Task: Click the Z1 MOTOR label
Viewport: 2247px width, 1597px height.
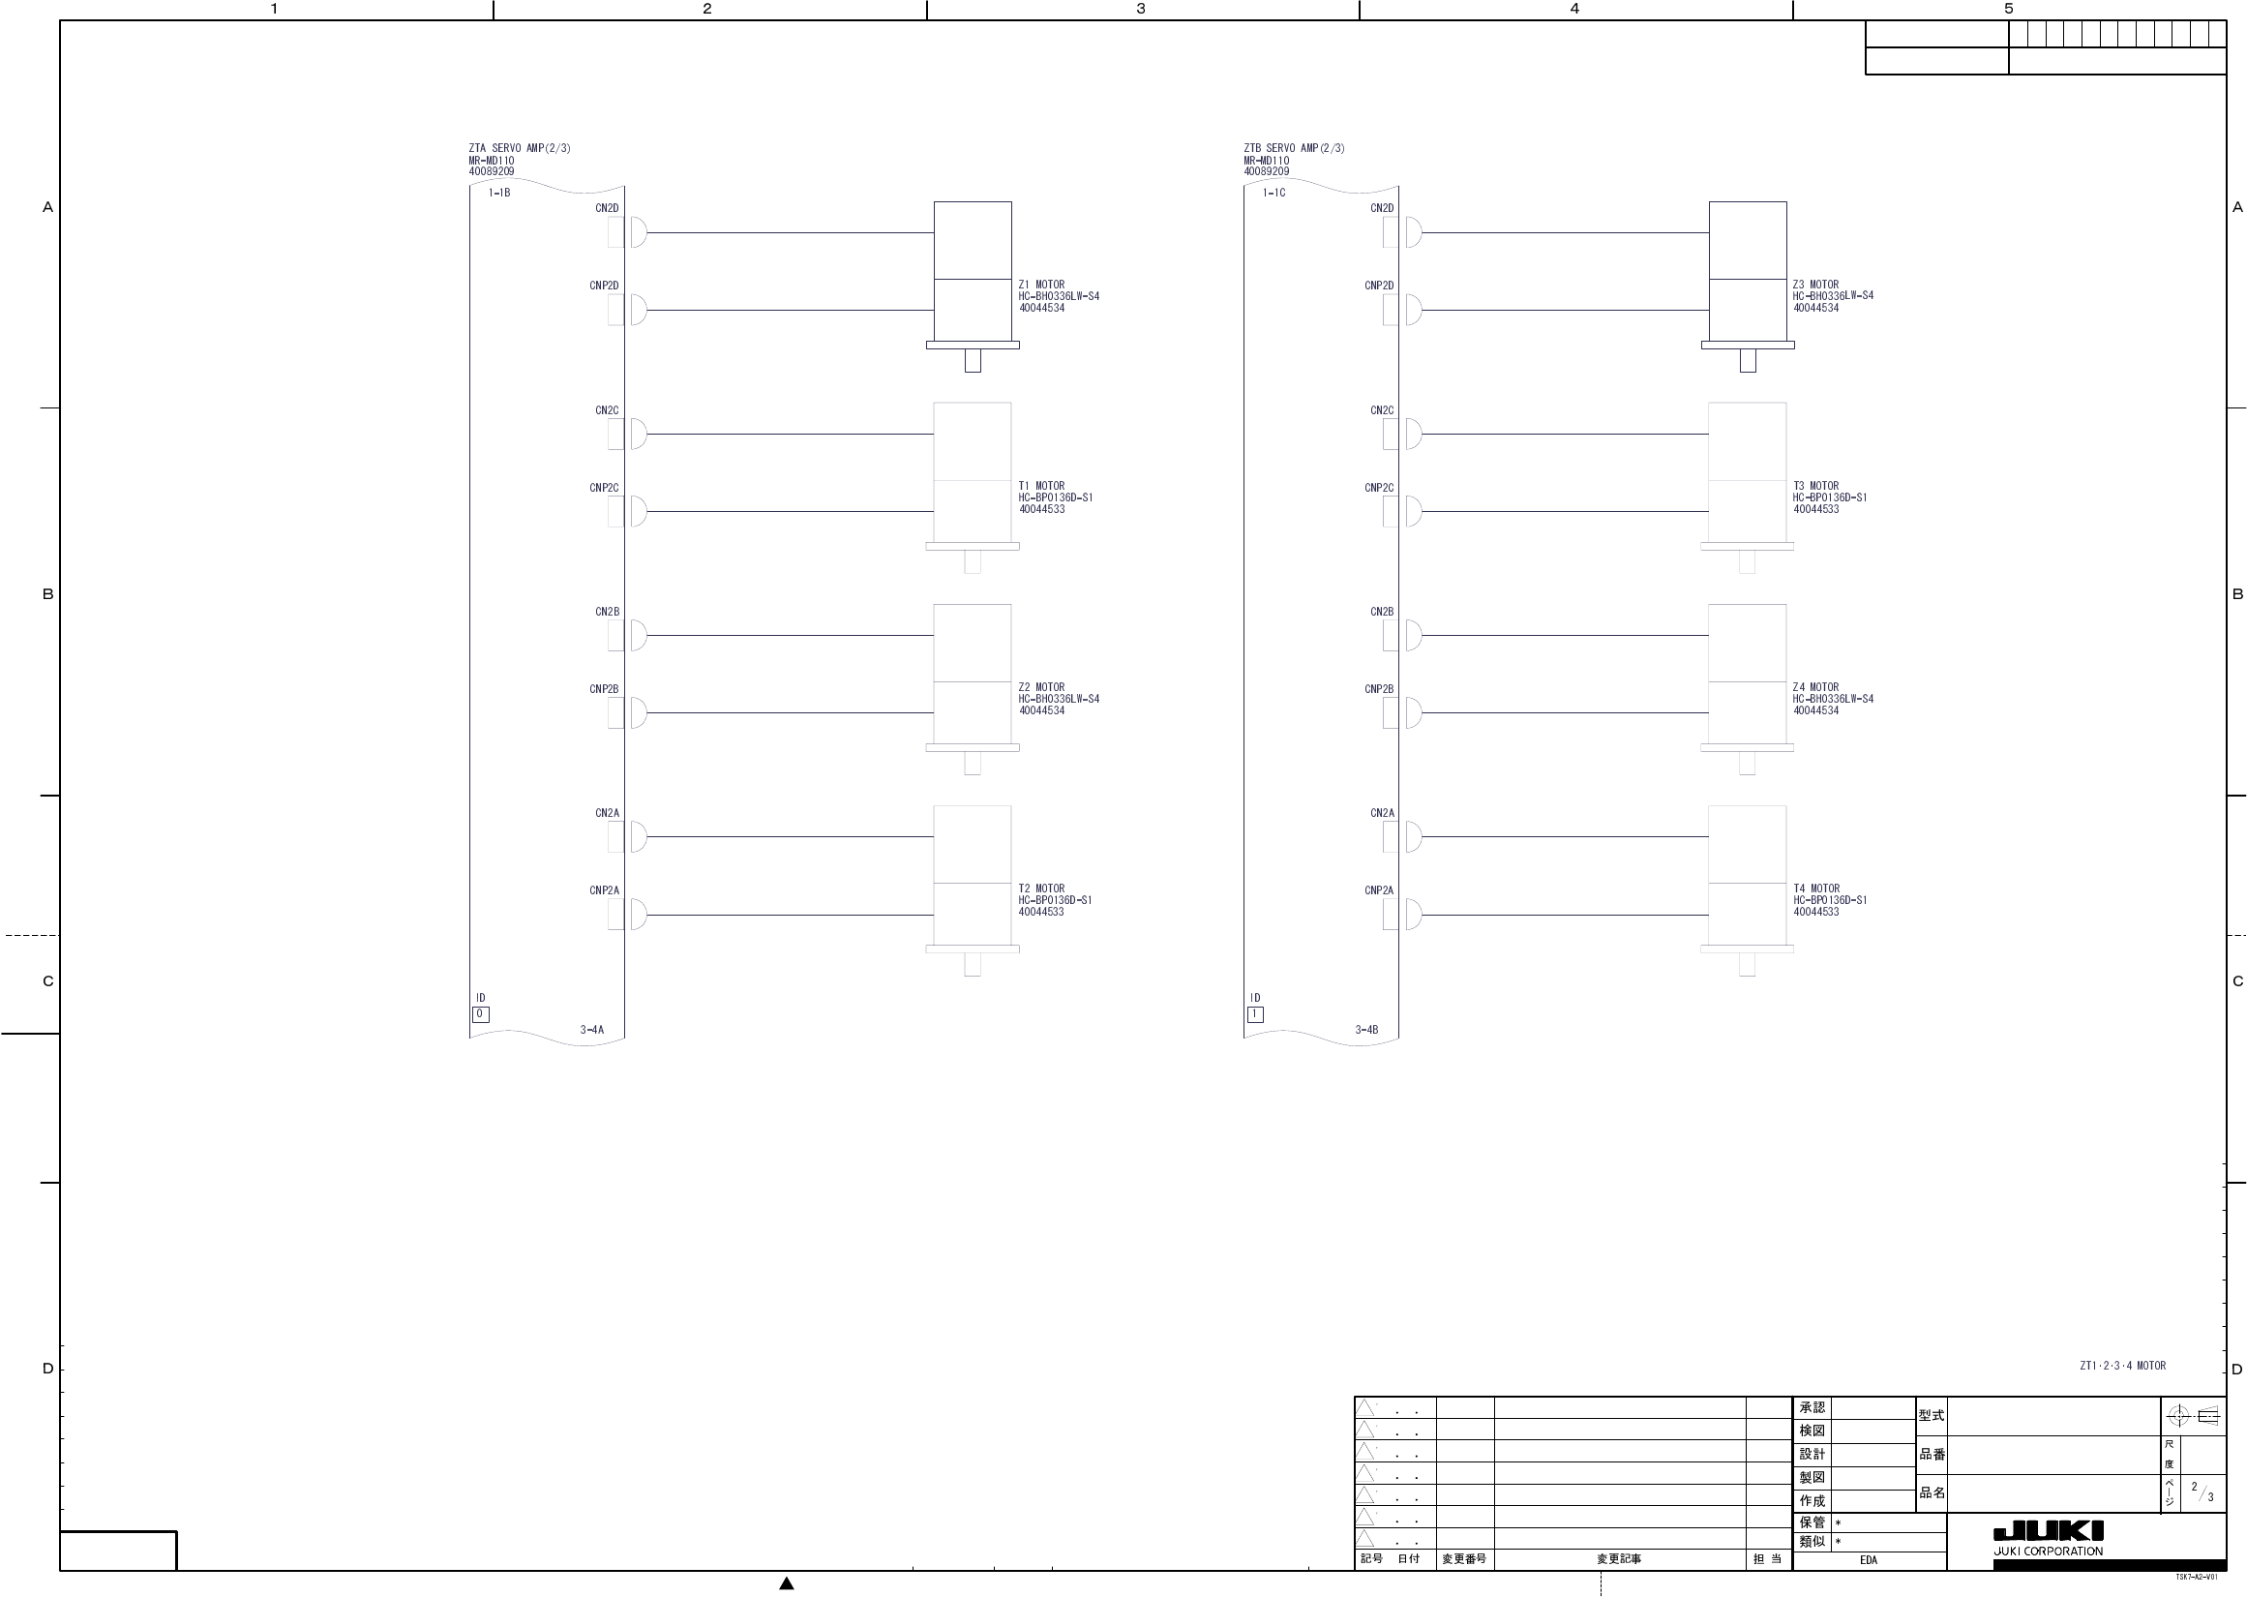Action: pyautogui.click(x=1041, y=286)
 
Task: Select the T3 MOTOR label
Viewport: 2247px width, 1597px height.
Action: pyautogui.click(x=1815, y=486)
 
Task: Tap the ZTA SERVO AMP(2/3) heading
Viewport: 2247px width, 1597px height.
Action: pyautogui.click(x=519, y=148)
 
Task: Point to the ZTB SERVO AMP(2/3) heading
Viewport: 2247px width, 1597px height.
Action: pyautogui.click(x=1294, y=148)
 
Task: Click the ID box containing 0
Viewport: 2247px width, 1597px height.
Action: pyautogui.click(x=480, y=1014)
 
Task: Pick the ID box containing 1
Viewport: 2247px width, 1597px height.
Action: pyautogui.click(x=1254, y=1014)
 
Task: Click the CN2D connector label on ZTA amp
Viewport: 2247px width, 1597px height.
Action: pyautogui.click(x=607, y=208)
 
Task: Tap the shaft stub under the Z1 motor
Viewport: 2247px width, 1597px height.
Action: pyautogui.click(x=973, y=361)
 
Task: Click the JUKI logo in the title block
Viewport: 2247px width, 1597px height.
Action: pyautogui.click(x=2048, y=1532)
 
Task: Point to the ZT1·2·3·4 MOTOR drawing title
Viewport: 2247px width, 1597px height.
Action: pyautogui.click(x=2122, y=1366)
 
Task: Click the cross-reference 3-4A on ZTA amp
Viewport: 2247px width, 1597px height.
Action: pyautogui.click(x=591, y=1031)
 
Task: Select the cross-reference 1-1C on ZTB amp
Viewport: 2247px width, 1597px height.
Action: pyautogui.click(x=1273, y=194)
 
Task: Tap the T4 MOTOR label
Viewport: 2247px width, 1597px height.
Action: pyautogui.click(x=1815, y=889)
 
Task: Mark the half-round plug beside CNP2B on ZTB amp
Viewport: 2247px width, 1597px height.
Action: pyautogui.click(x=1415, y=713)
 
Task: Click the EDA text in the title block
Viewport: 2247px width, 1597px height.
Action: pyautogui.click(x=1868, y=1559)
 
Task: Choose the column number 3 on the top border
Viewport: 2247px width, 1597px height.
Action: pyautogui.click(x=1140, y=9)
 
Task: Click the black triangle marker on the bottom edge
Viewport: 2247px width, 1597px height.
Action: pyautogui.click(x=787, y=1583)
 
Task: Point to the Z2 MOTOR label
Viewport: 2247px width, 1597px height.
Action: pyautogui.click(x=1041, y=687)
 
